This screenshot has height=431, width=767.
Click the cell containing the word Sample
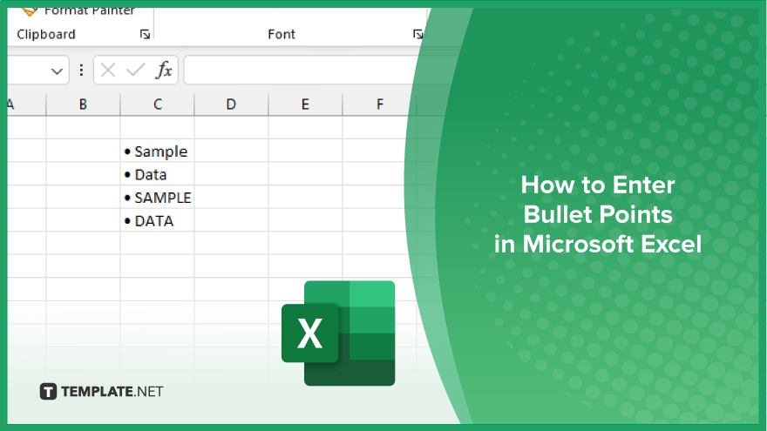(x=157, y=151)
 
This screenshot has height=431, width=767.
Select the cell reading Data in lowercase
(x=157, y=174)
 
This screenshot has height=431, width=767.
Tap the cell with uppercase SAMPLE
(x=157, y=197)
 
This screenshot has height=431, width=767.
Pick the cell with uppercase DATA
(x=157, y=220)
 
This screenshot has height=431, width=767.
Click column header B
(x=83, y=104)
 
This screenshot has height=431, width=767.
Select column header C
(x=158, y=104)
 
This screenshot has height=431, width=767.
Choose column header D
(x=231, y=104)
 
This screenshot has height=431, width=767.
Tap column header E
(x=305, y=104)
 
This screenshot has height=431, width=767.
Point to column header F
(x=380, y=104)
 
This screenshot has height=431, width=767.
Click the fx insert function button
(x=164, y=71)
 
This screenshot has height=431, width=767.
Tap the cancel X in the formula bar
(x=107, y=71)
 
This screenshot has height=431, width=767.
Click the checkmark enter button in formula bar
(x=135, y=71)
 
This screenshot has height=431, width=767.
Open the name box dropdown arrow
(x=57, y=71)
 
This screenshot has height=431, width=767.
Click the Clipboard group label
(x=46, y=34)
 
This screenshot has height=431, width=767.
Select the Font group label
(x=282, y=34)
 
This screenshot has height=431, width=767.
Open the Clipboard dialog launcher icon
(x=145, y=34)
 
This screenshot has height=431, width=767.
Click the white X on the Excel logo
(x=309, y=333)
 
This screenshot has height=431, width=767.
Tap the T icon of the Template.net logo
(x=48, y=392)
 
